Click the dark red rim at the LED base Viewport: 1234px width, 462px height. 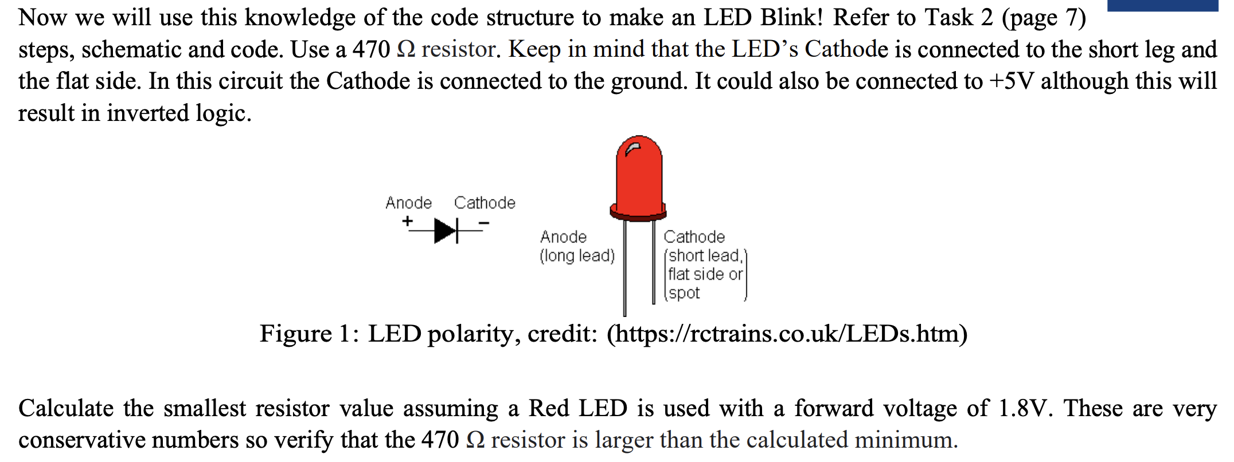[x=638, y=214]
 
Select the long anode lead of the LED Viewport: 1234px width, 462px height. [x=625, y=269]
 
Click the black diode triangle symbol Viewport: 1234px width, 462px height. [x=445, y=230]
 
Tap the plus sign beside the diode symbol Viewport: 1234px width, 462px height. [x=407, y=221]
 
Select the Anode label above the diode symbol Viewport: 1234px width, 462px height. [x=408, y=203]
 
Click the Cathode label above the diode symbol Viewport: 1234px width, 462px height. [x=485, y=203]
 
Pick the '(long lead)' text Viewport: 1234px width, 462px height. [x=577, y=256]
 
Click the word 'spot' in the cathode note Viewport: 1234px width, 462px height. [x=684, y=293]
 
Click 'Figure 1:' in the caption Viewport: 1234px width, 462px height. [x=310, y=334]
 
